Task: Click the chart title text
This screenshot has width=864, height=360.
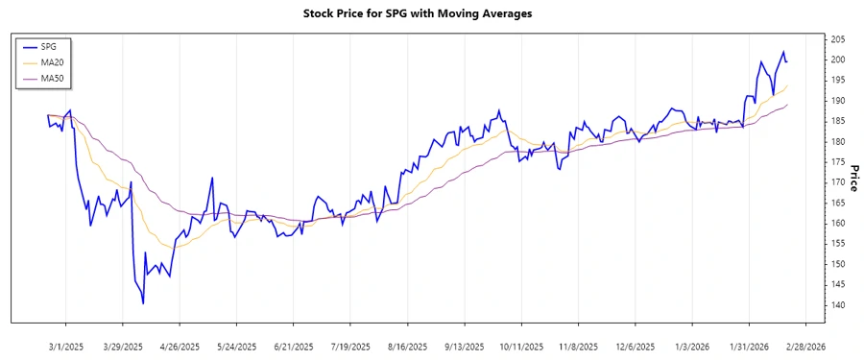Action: [x=431, y=14]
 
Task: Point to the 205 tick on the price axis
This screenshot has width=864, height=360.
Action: [x=837, y=39]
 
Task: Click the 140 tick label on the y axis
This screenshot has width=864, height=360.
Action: [x=837, y=304]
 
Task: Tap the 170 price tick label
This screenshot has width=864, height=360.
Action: [x=837, y=182]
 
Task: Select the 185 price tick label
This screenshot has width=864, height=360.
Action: [x=837, y=121]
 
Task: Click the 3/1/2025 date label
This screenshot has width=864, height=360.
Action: [x=66, y=347]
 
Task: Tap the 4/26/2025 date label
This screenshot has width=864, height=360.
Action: [x=180, y=347]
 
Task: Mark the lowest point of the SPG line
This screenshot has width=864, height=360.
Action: [x=143, y=303]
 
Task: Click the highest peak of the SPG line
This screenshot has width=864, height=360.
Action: [x=783, y=52]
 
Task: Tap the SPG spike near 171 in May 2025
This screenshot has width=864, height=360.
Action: [x=211, y=179]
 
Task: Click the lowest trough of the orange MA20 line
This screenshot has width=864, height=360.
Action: [x=170, y=248]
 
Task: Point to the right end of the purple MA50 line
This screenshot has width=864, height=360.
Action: [x=787, y=105]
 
